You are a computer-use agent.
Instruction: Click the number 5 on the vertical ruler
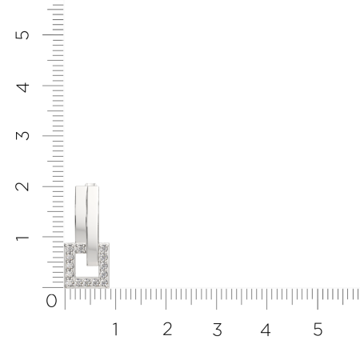pyautogui.click(x=22, y=35)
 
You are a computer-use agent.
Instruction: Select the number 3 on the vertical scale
pyautogui.click(x=22, y=136)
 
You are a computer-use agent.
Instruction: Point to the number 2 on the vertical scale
pyautogui.click(x=22, y=186)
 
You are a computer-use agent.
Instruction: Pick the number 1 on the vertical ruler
pyautogui.click(x=22, y=238)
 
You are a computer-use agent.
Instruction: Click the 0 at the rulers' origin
pyautogui.click(x=51, y=301)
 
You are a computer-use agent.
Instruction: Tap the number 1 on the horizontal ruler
pyautogui.click(x=115, y=329)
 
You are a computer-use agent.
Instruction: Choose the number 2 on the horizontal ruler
pyautogui.click(x=167, y=329)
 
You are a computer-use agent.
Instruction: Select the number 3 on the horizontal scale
pyautogui.click(x=218, y=330)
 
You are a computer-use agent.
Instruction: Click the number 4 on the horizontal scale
pyautogui.click(x=266, y=330)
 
